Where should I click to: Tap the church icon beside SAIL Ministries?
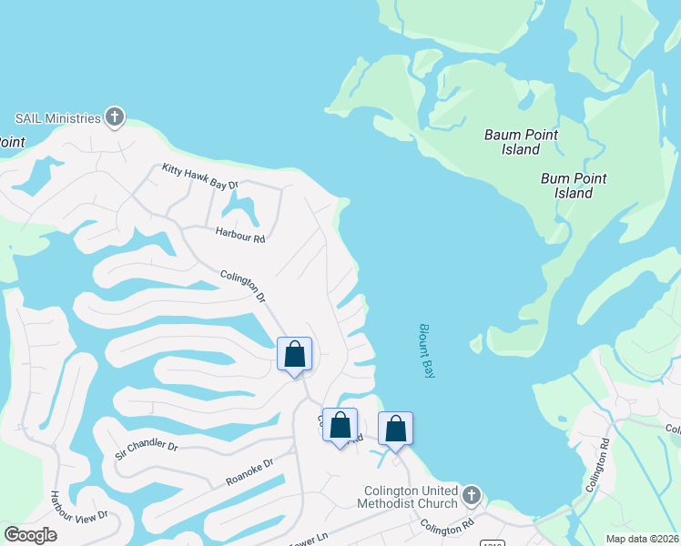[x=115, y=117]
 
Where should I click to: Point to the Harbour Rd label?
[x=239, y=234]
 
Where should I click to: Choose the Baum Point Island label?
[x=521, y=142]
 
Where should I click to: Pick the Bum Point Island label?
[x=574, y=186]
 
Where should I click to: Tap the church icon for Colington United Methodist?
[x=471, y=496]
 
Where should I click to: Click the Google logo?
[x=30, y=535]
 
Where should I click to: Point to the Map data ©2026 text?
[x=643, y=539]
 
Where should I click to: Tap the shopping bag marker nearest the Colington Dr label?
[x=294, y=355]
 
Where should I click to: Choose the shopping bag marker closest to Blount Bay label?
[x=395, y=429]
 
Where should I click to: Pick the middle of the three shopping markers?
[x=340, y=425]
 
